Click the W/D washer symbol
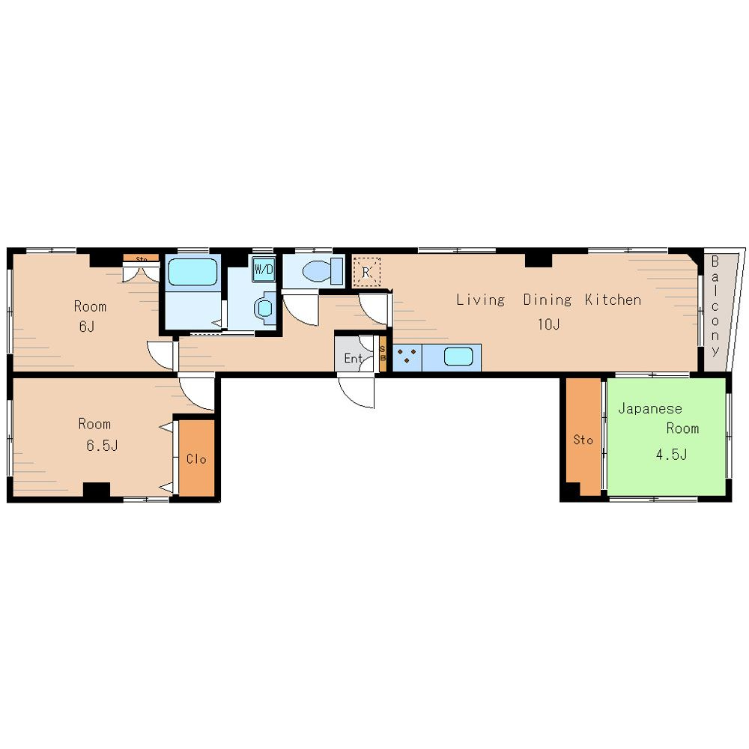coord(264,270)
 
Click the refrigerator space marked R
coord(366,273)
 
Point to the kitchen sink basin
coord(458,357)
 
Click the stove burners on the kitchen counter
coord(407,356)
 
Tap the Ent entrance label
coord(354,358)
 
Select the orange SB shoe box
coord(383,354)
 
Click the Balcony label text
coord(715,306)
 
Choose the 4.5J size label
coord(671,454)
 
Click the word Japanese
coord(649,408)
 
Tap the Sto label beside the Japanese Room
coord(583,440)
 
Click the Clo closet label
coord(195,459)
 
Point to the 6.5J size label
coord(102,445)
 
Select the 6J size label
coord(86,327)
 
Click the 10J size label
coord(548,324)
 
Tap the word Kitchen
coord(613,300)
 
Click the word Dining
coord(548,300)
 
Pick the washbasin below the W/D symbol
coord(264,308)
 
